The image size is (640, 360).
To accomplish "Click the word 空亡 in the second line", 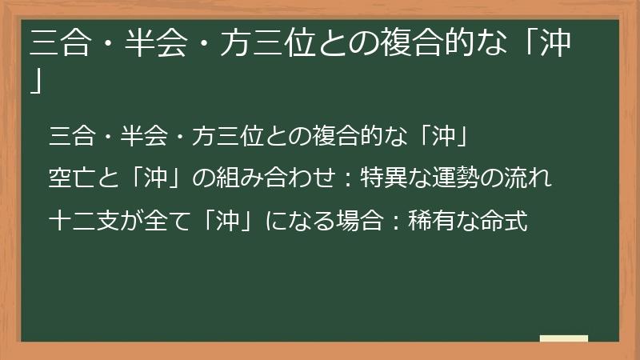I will point(68,177).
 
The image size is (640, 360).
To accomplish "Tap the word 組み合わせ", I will point(271,177).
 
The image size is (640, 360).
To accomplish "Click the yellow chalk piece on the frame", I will point(563,339).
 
